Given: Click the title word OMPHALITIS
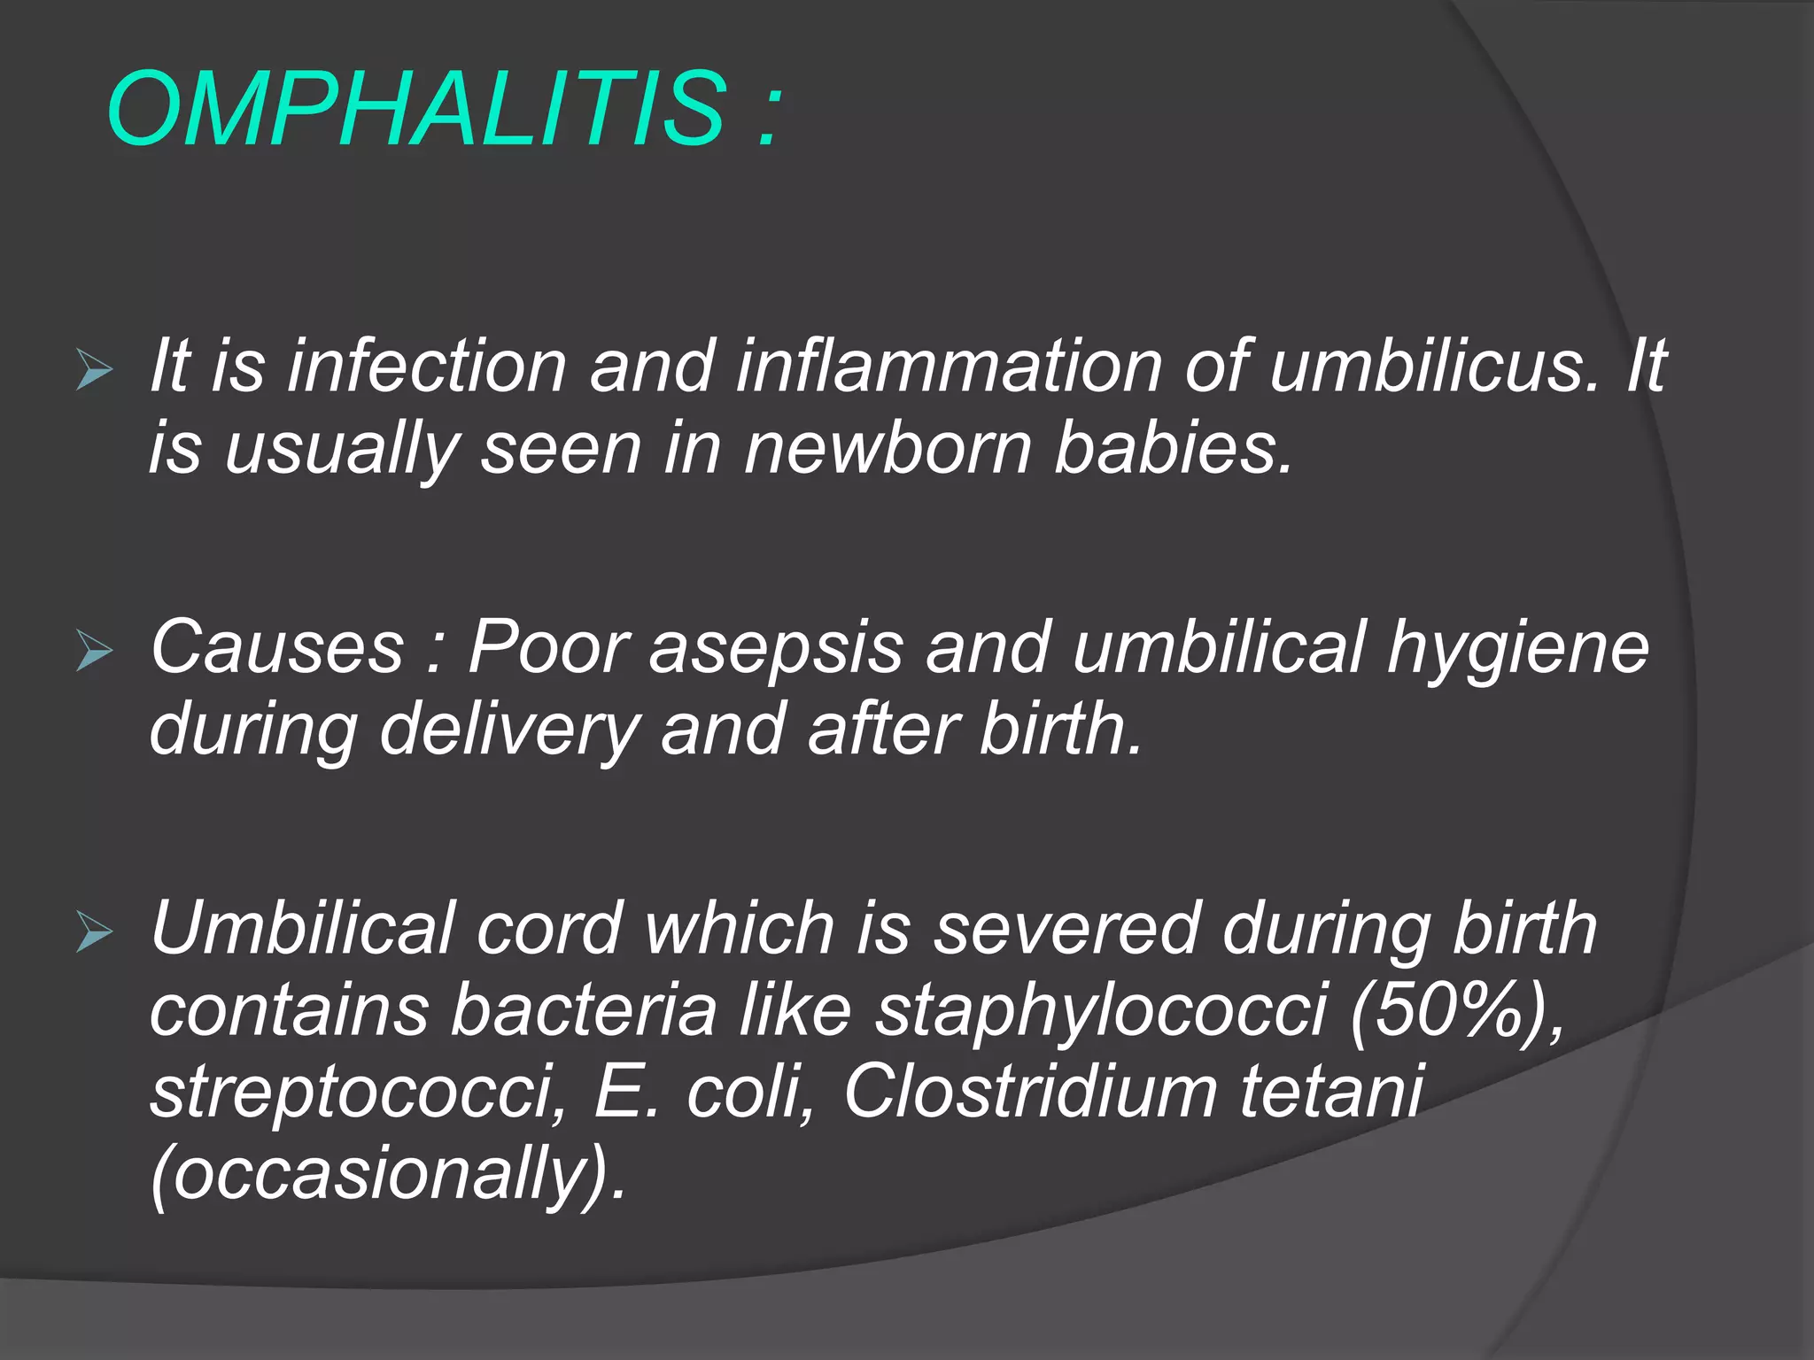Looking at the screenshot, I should click(x=416, y=110).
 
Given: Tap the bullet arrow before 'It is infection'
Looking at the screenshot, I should click(x=94, y=369).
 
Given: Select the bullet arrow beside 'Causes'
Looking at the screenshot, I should click(x=94, y=651).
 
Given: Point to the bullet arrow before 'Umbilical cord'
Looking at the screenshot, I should click(x=94, y=931).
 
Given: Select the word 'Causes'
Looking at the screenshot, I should click(x=276, y=647).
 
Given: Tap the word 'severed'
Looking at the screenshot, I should click(x=1066, y=929).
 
